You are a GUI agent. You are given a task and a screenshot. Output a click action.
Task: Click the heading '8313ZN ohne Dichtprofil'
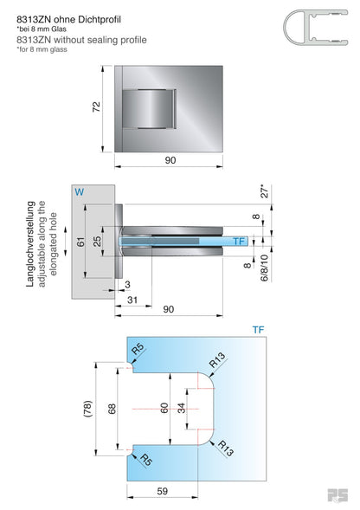pos(69,16)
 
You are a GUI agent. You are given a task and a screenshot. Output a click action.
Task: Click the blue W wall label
pos(80,191)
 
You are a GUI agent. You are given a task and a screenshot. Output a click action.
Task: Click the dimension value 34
pos(180,408)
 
